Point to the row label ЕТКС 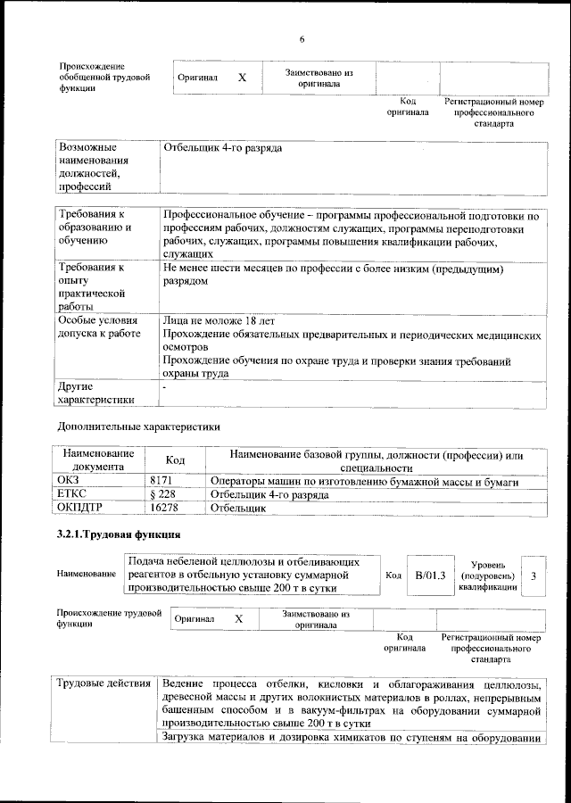click(71, 494)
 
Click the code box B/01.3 click(430, 576)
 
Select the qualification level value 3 click(533, 576)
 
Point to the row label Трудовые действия click(103, 684)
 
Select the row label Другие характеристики click(95, 393)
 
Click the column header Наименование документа click(98, 459)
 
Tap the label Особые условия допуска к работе click(98, 327)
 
